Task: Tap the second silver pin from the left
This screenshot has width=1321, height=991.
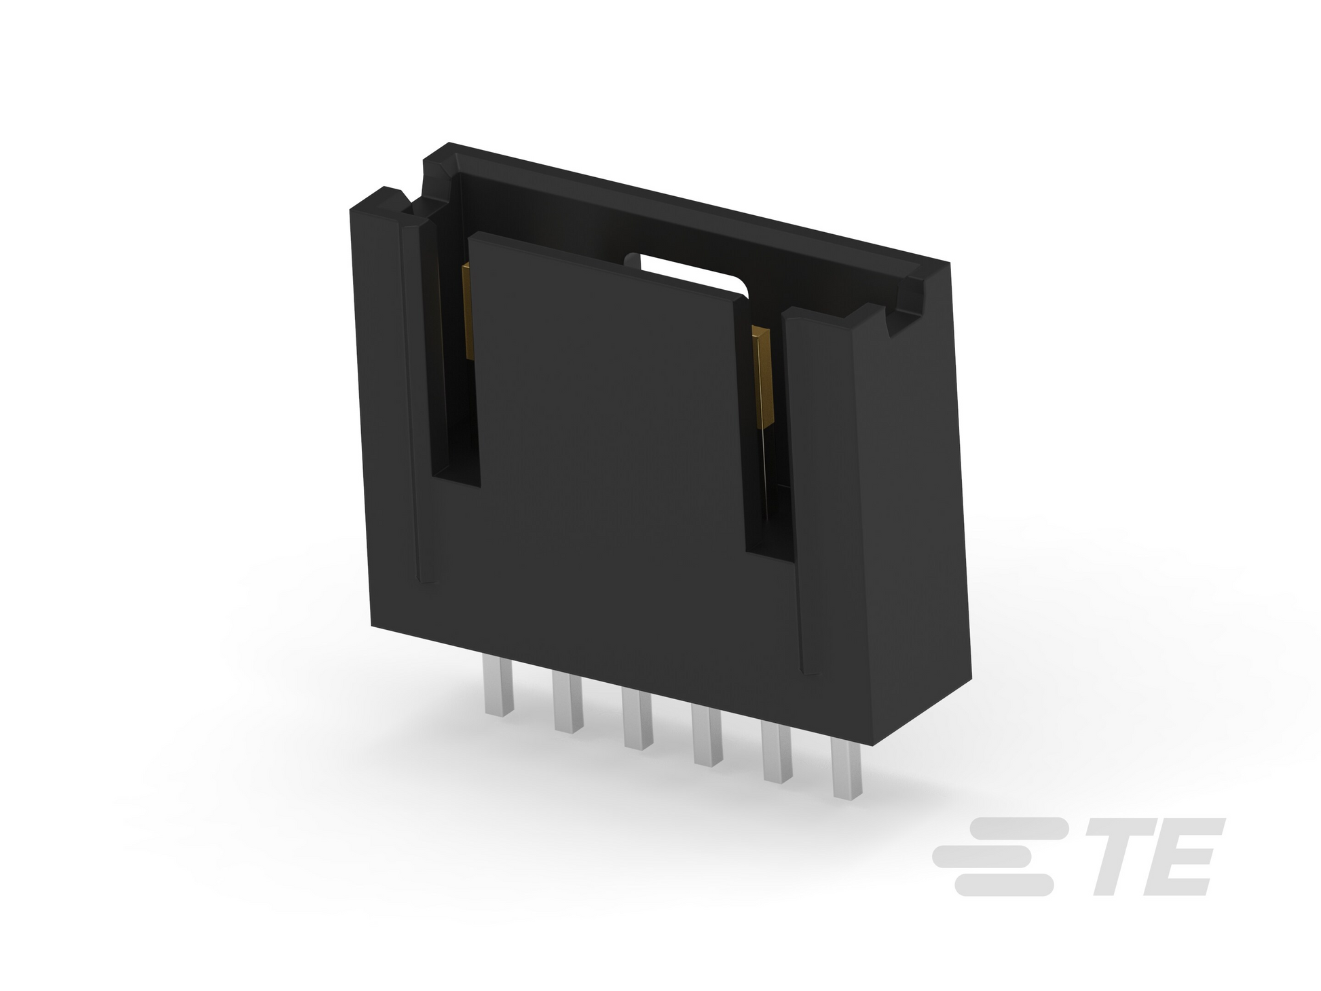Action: coord(568,702)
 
